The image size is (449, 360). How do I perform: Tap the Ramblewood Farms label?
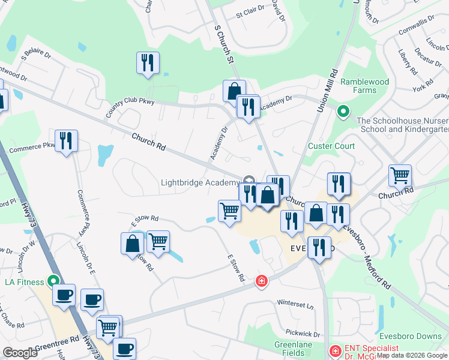coord(364,86)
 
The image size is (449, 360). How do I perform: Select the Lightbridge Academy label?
coord(199,182)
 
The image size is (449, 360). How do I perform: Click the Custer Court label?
coord(331,146)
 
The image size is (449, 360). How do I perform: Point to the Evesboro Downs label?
coord(411,336)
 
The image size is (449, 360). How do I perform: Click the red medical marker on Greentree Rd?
coord(261,280)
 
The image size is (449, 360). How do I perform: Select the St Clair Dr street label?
coord(250,12)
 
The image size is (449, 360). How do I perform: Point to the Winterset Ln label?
coord(295,305)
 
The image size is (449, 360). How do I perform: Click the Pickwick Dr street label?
coord(303,334)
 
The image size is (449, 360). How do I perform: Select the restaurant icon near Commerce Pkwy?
coord(66,141)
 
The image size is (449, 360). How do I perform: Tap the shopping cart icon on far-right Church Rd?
coord(400,176)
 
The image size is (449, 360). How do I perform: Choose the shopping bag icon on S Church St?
coord(234,91)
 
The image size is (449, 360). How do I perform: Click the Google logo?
coord(20,353)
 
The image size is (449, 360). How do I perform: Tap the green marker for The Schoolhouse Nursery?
coord(343,111)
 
